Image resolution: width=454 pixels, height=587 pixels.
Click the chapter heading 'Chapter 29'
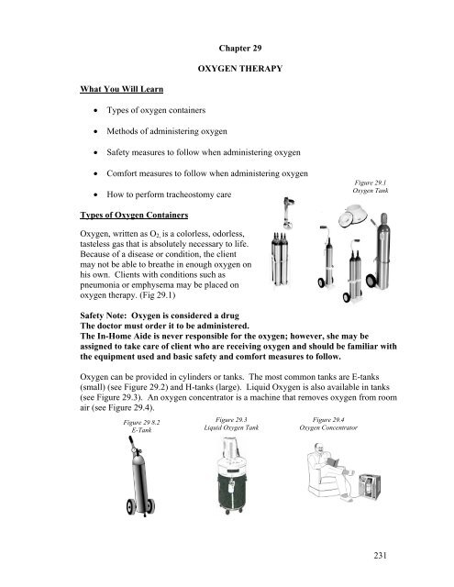coord(240,49)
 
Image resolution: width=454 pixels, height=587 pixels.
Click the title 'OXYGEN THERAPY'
coord(240,69)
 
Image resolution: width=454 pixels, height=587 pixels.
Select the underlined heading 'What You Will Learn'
coord(122,89)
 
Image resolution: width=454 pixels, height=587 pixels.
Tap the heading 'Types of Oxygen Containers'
coord(134,216)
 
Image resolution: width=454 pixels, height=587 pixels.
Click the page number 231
coord(380,555)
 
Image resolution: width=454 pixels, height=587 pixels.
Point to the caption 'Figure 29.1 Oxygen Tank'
coord(371,186)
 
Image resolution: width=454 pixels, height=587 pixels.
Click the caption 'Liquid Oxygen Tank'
coord(231,427)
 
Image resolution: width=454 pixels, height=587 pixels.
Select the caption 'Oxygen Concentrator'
coord(328,427)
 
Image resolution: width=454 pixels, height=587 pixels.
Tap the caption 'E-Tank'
coord(141,430)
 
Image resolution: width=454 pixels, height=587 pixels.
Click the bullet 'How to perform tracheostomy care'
coord(169,194)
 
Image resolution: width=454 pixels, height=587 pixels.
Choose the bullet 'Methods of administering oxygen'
coord(167,131)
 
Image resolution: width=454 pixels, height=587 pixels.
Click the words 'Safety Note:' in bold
coord(103,316)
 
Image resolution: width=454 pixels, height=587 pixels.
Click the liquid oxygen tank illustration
coord(232,475)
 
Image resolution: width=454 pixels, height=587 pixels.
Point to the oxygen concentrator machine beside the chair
coord(370,486)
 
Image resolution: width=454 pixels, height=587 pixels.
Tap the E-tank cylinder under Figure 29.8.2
coord(140,476)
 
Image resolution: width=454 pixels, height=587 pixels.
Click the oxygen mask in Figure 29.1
coord(352,216)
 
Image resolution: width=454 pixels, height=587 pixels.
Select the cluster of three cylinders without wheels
coord(280,259)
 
